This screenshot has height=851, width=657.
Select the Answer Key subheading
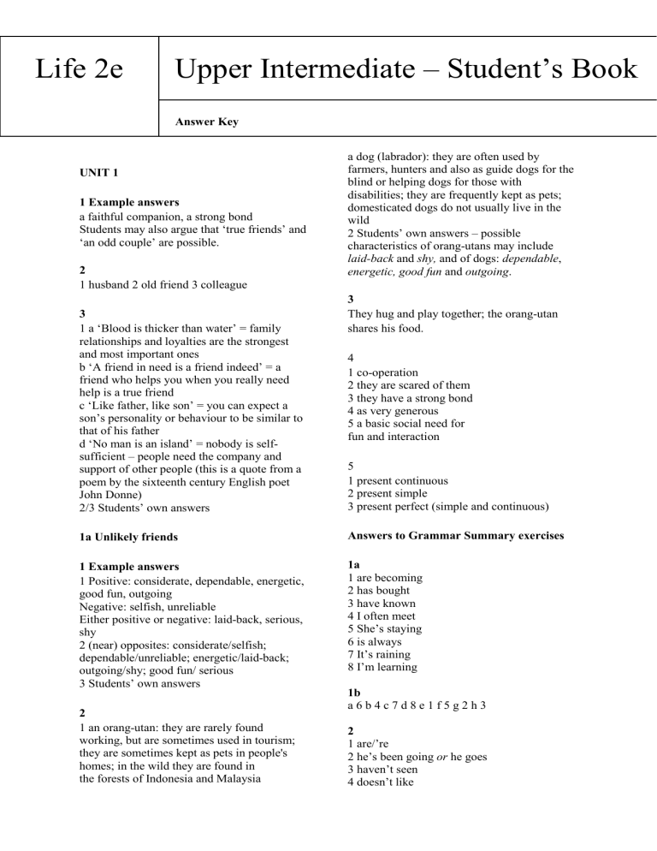[206, 122]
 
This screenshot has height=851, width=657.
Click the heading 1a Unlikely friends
[134, 536]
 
